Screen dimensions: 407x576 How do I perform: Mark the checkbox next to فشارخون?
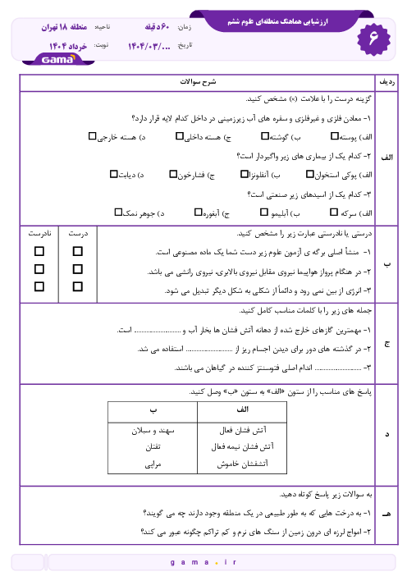tap(173, 174)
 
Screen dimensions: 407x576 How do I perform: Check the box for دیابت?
tap(114, 174)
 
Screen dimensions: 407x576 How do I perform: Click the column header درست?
tap(79, 233)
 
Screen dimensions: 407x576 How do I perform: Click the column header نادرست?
tap(39, 233)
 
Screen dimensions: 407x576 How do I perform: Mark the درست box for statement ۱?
tap(78, 251)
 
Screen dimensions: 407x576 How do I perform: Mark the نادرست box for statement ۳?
tap(39, 286)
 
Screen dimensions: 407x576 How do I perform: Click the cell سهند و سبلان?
tap(153, 429)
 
